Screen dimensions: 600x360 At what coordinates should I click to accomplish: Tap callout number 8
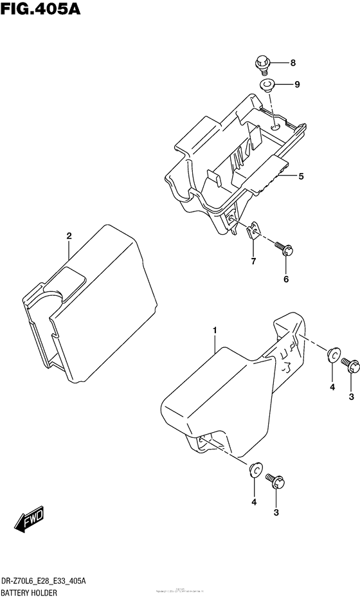(x=292, y=63)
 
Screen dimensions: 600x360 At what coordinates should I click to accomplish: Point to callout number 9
(x=297, y=84)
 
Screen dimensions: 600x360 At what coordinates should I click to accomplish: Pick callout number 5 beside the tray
(x=300, y=176)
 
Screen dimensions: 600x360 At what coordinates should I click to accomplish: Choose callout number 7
(x=253, y=261)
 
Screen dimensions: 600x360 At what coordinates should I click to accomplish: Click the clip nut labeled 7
(x=253, y=230)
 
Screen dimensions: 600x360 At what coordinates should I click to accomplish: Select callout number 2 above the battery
(x=68, y=236)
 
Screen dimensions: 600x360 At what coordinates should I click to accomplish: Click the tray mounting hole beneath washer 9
(x=275, y=127)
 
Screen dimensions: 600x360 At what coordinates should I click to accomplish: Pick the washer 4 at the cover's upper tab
(x=332, y=354)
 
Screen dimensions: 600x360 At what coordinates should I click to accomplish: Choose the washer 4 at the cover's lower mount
(x=255, y=471)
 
